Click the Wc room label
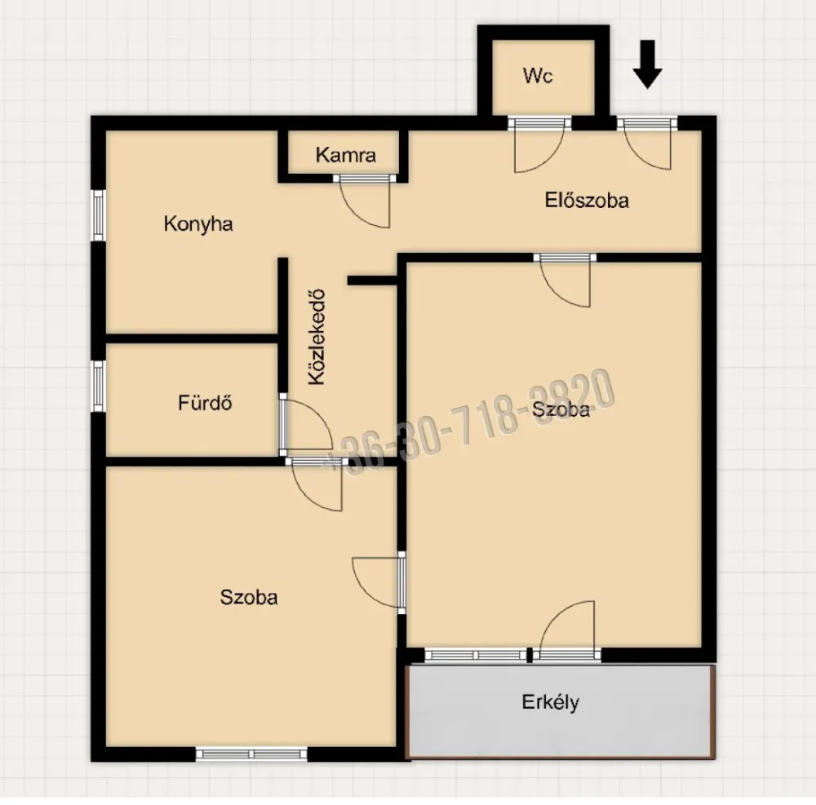[x=538, y=76]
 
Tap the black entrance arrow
[x=647, y=64]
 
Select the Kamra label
[x=345, y=155]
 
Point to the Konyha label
[x=197, y=224]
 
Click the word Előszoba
[x=587, y=200]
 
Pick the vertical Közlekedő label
[x=317, y=337]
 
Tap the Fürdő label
[x=205, y=403]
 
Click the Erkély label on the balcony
[x=550, y=702]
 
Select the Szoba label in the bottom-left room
[x=249, y=597]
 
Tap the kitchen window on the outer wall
[x=99, y=215]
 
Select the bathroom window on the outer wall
[x=99, y=387]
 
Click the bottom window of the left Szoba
[x=251, y=754]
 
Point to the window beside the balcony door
[x=476, y=655]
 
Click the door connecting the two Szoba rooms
[x=379, y=582]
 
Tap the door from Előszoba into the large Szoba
[x=565, y=280]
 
